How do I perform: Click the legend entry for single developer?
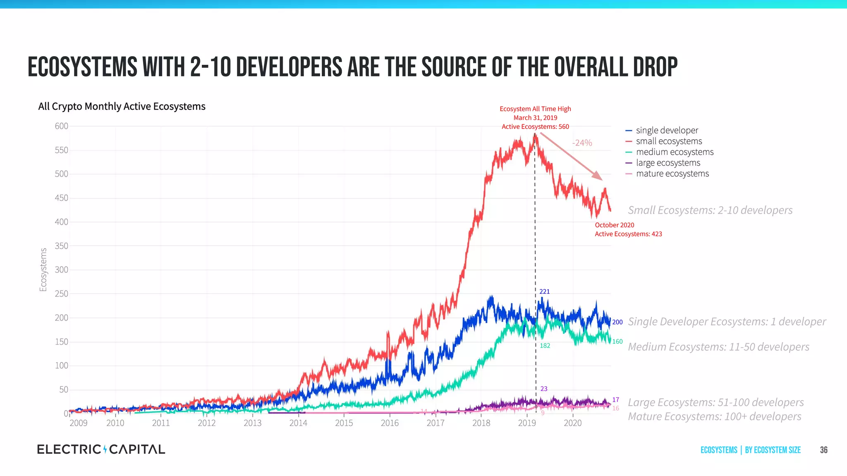tap(667, 131)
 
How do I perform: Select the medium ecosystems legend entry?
tap(675, 152)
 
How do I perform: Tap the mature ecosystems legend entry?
tap(672, 174)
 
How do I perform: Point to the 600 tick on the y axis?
tap(61, 126)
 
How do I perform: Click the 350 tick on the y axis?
tap(61, 246)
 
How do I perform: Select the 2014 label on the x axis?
tap(298, 423)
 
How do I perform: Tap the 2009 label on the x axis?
tap(78, 423)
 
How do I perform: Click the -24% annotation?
tap(582, 143)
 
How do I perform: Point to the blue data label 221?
tap(544, 292)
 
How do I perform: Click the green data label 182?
tap(545, 346)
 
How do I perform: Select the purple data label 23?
tap(543, 389)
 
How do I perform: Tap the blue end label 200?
tap(617, 322)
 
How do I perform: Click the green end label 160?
tap(617, 342)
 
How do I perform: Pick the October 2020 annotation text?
tap(614, 225)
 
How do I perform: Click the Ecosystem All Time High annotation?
tap(535, 109)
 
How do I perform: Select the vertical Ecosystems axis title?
tap(43, 269)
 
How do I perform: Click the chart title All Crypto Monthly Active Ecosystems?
tap(122, 107)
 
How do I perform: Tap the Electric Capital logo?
tap(101, 450)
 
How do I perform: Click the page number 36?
tap(823, 450)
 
